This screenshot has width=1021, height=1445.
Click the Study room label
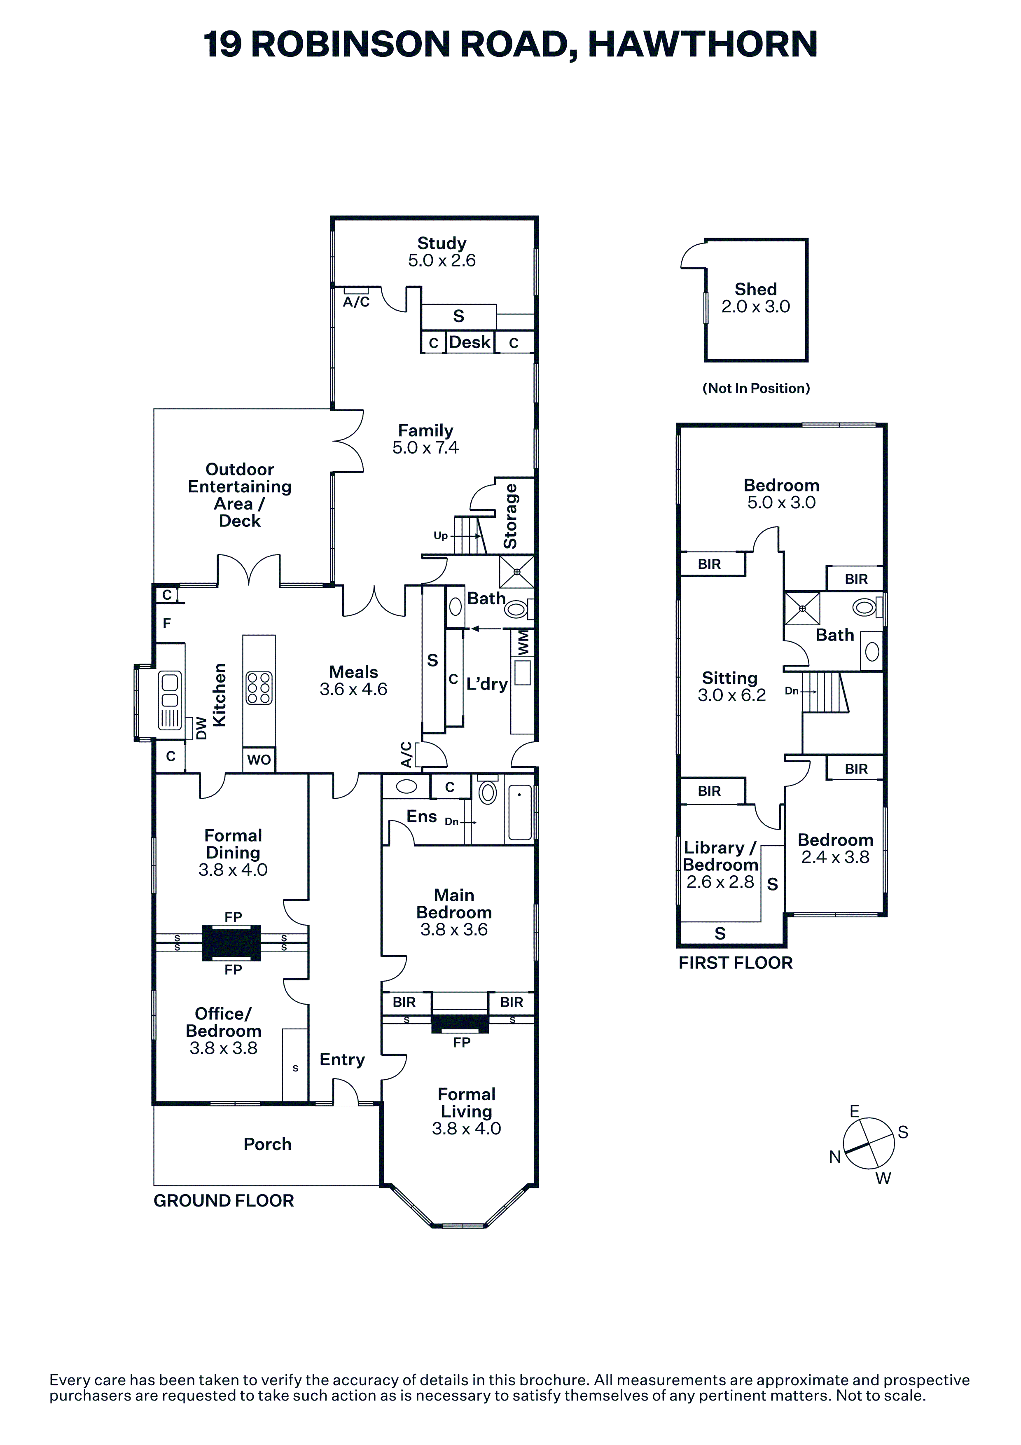[442, 243]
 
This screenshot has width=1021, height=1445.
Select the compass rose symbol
[868, 1143]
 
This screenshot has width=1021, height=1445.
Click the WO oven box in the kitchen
[259, 760]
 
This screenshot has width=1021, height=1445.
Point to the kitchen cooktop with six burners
[259, 688]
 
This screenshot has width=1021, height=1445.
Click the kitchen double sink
[170, 690]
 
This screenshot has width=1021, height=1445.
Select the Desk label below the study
[470, 342]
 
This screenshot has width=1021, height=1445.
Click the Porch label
[267, 1144]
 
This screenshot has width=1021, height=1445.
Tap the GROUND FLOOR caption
[223, 1201]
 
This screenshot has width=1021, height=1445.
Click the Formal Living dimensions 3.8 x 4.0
[466, 1128]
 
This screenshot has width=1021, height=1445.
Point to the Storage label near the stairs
[510, 516]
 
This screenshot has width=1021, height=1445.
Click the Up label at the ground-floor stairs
[440, 535]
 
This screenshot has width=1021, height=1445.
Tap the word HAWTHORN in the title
[702, 44]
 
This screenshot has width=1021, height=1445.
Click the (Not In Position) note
[755, 388]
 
